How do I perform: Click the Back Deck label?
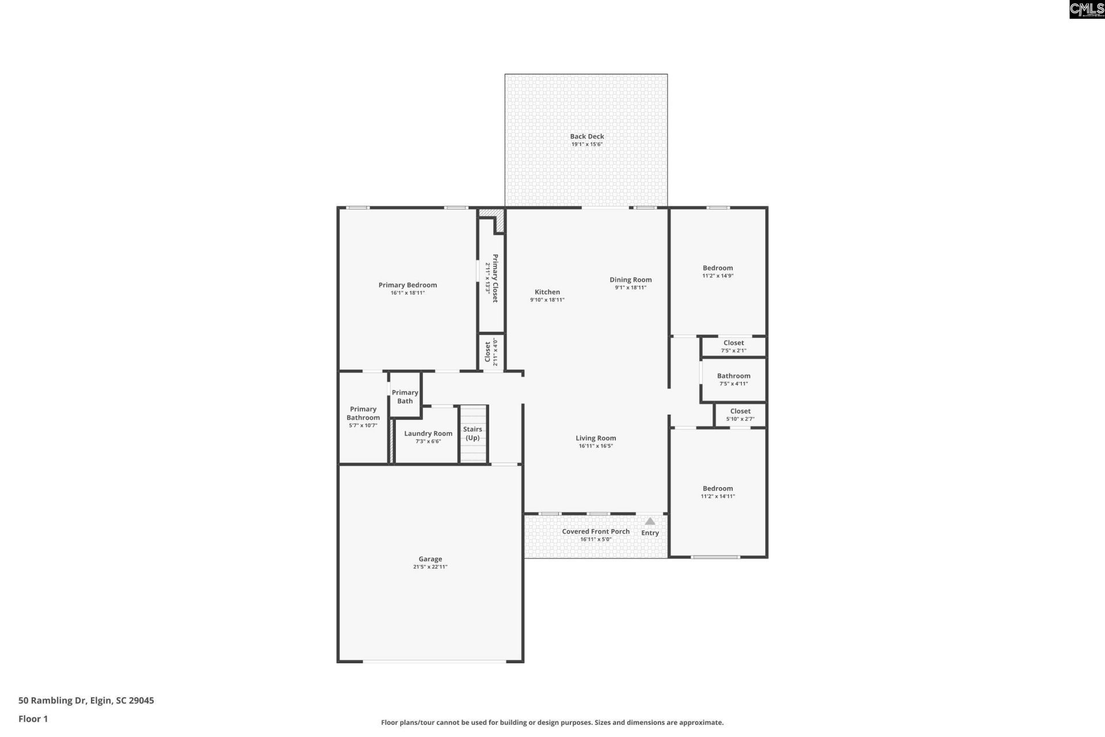coord(587,136)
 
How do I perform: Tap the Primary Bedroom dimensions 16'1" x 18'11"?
coord(407,293)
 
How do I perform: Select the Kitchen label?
coord(547,292)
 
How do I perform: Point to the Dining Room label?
coord(631,280)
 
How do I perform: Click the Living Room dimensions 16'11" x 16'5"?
coord(596,446)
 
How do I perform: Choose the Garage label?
coord(430,559)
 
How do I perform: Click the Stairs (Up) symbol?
coord(473,434)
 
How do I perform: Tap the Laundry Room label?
coord(428,434)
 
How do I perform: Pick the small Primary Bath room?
coord(405,394)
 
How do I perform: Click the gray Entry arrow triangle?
coord(650,522)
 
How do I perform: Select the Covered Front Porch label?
coord(596,531)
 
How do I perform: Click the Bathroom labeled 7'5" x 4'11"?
coord(733,379)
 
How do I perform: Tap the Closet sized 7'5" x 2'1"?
coord(733,347)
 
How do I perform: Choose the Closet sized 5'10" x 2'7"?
coord(740,415)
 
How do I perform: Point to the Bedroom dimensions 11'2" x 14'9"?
coord(718,276)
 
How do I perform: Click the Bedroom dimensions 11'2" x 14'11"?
coord(718,496)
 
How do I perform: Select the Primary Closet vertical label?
coord(495,278)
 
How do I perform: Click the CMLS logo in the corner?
coord(1087,9)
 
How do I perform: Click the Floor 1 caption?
coord(33,719)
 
